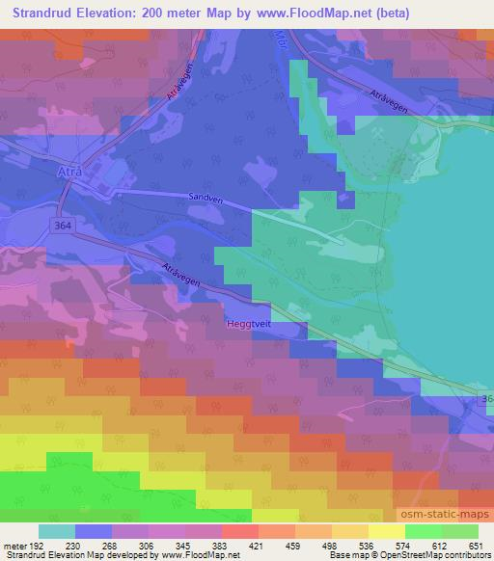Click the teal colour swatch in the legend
[x=57, y=532]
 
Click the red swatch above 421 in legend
[x=239, y=532]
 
